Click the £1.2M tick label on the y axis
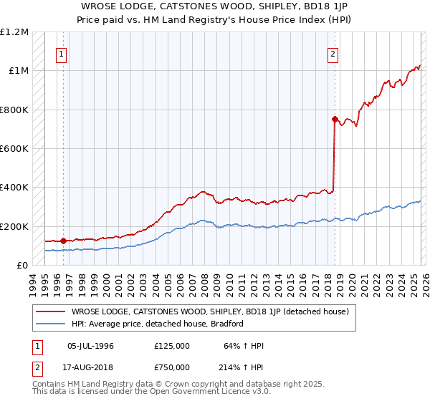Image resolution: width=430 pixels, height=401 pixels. (15, 32)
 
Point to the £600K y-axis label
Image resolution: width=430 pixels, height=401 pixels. (15, 149)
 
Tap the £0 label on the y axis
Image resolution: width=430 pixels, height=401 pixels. (23, 266)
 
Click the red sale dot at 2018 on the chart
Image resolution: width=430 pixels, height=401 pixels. (335, 120)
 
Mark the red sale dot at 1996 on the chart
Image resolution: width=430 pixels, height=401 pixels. (64, 241)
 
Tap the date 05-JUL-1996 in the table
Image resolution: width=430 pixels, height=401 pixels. (90, 346)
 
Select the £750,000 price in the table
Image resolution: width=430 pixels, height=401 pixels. (172, 367)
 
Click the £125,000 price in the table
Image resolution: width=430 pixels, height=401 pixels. (172, 346)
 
